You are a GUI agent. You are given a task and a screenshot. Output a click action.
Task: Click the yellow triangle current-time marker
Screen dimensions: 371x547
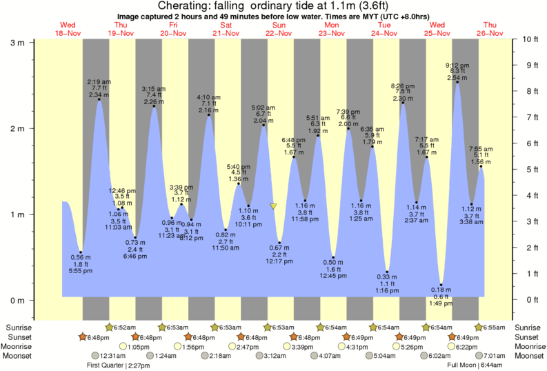click(274, 206)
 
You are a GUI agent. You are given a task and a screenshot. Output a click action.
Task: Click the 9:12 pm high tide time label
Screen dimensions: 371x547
click(457, 66)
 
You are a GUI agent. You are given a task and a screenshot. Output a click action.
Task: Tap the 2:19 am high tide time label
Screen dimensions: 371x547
click(99, 82)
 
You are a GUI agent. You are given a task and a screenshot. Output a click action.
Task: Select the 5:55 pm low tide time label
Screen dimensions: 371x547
click(81, 272)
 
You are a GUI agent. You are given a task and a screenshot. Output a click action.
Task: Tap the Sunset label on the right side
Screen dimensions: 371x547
click(528, 337)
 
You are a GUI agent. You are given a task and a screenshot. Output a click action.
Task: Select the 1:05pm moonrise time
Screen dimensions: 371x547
click(140, 346)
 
